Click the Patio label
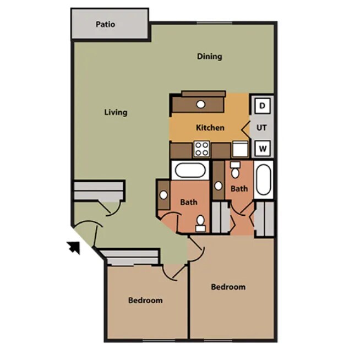105,24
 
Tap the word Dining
209,56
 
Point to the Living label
116,112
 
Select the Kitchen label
210,128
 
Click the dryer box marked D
263,105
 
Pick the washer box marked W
263,148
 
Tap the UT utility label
262,127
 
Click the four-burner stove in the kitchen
202,149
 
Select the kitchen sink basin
201,103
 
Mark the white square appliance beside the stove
239,149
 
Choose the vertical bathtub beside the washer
263,179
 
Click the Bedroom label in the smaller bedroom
145,301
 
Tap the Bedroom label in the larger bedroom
228,287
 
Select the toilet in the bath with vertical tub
235,171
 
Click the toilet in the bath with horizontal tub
201,221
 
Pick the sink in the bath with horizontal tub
164,194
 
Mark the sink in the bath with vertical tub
219,186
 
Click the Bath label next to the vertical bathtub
239,189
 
